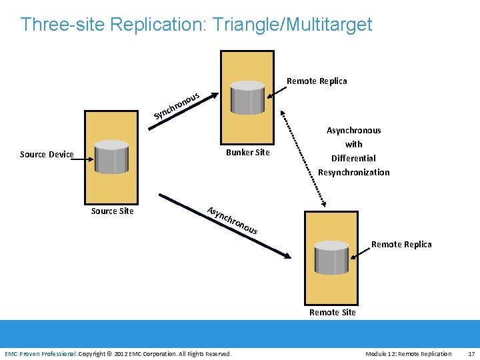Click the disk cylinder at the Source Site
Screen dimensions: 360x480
(x=111, y=157)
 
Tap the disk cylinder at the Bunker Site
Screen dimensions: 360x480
(x=247, y=97)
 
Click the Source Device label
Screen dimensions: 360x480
(x=47, y=155)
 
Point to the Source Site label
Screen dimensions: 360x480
(x=112, y=211)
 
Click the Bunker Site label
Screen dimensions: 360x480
(x=248, y=153)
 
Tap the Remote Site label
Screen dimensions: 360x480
(x=333, y=313)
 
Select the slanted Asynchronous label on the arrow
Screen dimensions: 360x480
(x=232, y=221)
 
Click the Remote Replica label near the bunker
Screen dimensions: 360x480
(x=317, y=81)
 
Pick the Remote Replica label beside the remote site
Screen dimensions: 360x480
(x=401, y=245)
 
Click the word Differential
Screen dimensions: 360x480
(x=353, y=159)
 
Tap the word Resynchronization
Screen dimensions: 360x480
(x=353, y=173)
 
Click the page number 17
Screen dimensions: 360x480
(x=471, y=353)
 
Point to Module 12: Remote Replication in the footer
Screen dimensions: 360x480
(x=408, y=353)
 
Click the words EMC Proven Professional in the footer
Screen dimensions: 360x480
(x=40, y=353)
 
